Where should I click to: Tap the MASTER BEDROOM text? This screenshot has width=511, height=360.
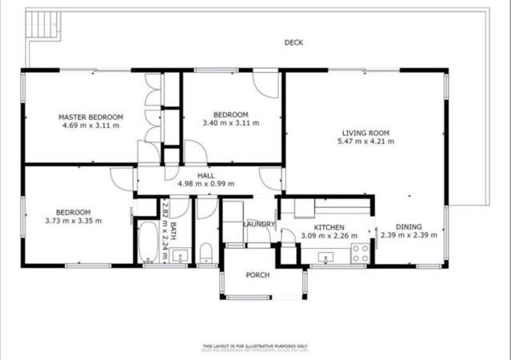point(90,117)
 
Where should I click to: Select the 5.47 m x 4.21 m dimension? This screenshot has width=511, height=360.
point(365,142)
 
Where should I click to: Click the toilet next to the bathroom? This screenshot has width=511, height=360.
point(205,254)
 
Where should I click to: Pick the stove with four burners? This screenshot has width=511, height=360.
point(360,254)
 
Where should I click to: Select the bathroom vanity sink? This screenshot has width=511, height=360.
point(179,257)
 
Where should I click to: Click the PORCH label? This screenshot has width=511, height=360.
point(257,275)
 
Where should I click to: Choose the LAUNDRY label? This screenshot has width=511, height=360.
point(259,224)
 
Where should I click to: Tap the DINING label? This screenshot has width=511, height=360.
point(408,227)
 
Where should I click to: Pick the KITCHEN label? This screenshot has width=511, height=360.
point(329,227)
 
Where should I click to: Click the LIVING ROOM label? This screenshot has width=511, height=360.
point(365,133)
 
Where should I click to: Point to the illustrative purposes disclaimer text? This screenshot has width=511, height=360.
point(255,346)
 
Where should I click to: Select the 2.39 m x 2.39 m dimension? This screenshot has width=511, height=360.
point(408,236)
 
